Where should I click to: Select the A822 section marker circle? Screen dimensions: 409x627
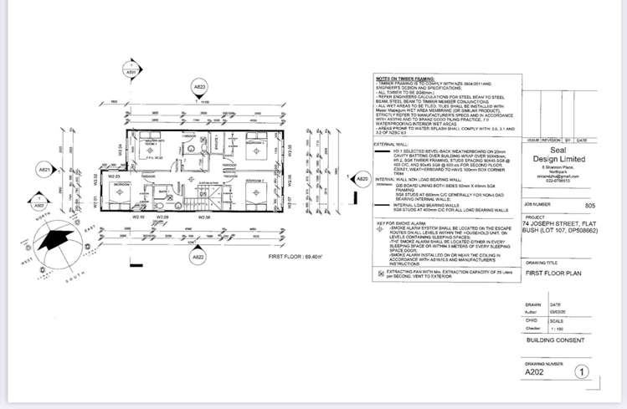coord(198,257)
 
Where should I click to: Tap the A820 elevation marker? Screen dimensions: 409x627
coord(362,179)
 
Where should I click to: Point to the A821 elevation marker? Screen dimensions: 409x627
coord(46,171)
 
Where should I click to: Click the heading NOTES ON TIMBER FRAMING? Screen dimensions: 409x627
coord(403,78)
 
